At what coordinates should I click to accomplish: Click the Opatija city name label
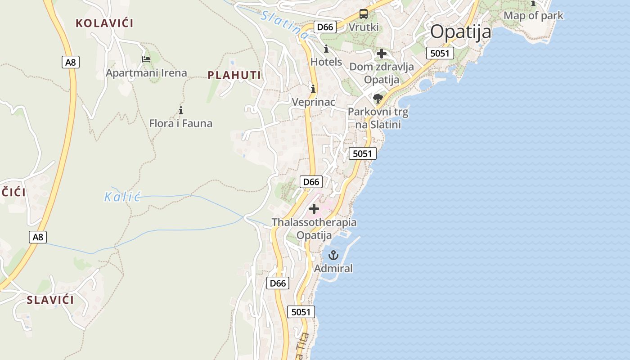point(460,32)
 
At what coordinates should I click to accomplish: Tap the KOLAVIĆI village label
point(104,23)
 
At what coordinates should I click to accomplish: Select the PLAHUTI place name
point(234,75)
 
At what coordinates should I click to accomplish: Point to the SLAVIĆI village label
point(50,300)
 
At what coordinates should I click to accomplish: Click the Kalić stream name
point(122,197)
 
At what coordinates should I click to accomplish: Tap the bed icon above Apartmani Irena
point(146,59)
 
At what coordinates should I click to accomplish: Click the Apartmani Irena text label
point(146,72)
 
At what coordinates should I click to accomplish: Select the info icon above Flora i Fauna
point(181,110)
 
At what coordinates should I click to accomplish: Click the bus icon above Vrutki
point(363,14)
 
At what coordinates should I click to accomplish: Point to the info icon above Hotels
point(326,49)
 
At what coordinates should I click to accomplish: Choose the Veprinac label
point(314,102)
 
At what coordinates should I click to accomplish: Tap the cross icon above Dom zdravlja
point(381,54)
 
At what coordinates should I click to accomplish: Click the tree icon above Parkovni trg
point(378,98)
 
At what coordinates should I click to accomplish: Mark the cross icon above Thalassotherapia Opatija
point(314,209)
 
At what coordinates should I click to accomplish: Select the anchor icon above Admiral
point(333,255)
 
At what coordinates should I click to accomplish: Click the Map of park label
point(533,15)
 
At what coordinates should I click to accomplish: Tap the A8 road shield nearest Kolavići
point(71,62)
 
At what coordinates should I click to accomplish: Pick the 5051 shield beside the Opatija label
point(440,53)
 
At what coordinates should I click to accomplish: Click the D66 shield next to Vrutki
point(325,27)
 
